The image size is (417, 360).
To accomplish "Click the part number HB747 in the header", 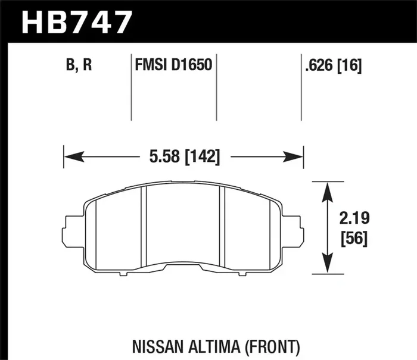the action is [x=77, y=22].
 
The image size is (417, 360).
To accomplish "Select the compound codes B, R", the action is [x=79, y=64].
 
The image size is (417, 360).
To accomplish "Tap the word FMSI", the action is [x=151, y=64].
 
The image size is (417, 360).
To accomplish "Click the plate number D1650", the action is [x=192, y=64].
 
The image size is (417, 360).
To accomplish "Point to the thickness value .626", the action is [x=319, y=65].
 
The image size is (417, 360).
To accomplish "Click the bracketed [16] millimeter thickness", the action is [x=350, y=65].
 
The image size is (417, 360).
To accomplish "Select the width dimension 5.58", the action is [x=164, y=156].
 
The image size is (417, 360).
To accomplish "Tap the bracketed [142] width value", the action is [x=203, y=156].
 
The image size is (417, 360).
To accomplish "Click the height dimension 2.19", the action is [x=354, y=218].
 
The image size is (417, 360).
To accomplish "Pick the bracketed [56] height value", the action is [x=354, y=239].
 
